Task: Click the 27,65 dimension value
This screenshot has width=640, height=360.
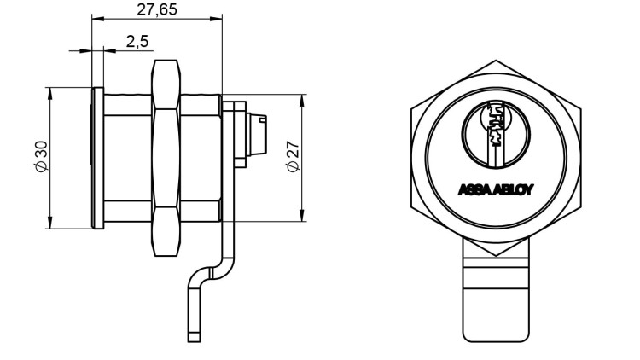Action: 156,9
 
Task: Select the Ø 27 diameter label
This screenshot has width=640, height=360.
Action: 293,157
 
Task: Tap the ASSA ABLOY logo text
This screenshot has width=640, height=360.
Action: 495,189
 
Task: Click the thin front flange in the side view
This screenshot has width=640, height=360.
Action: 97,157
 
